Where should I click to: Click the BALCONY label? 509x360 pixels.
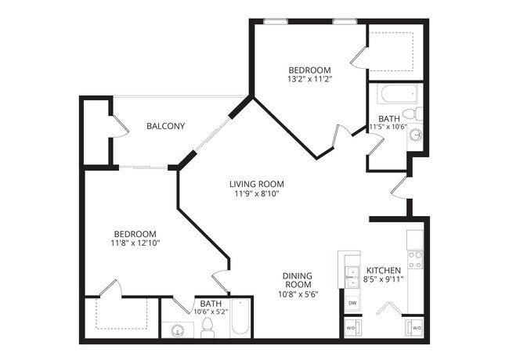(x=165, y=126)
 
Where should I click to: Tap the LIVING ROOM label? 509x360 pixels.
(x=254, y=185)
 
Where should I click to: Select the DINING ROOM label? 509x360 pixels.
(x=298, y=280)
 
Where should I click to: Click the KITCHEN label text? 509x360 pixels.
(x=384, y=271)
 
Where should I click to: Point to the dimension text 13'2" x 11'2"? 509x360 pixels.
(x=309, y=79)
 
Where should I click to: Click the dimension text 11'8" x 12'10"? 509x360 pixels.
(x=135, y=243)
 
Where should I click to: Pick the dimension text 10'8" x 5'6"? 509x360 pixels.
(x=298, y=294)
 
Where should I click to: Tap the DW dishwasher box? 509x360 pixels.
(x=352, y=302)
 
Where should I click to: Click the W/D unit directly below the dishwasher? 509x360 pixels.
(x=352, y=328)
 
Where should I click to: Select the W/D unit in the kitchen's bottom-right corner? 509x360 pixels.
(x=415, y=328)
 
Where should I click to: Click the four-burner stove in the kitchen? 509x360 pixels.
(x=414, y=259)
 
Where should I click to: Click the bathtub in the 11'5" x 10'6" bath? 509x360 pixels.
(x=392, y=96)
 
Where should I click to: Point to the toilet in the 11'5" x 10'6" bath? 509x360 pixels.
(x=418, y=114)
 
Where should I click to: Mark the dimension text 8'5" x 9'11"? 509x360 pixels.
(x=384, y=280)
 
